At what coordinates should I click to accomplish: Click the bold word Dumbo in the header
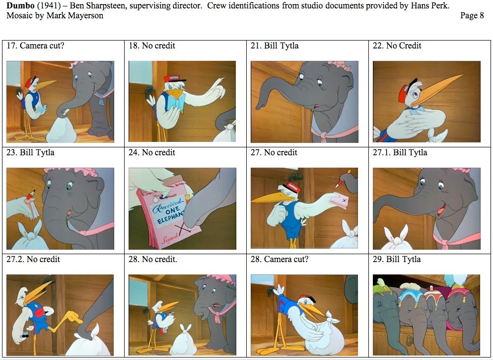pyautogui.click(x=19, y=5)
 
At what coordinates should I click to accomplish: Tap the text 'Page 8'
pyautogui.click(x=472, y=15)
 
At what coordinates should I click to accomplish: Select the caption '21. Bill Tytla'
pyautogui.click(x=274, y=45)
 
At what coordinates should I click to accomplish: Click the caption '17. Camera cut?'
pyautogui.click(x=35, y=45)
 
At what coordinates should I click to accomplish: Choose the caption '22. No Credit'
pyautogui.click(x=397, y=45)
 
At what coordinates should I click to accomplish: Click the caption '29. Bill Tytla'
pyautogui.click(x=397, y=259)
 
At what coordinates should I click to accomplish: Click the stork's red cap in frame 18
pyautogui.click(x=171, y=79)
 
